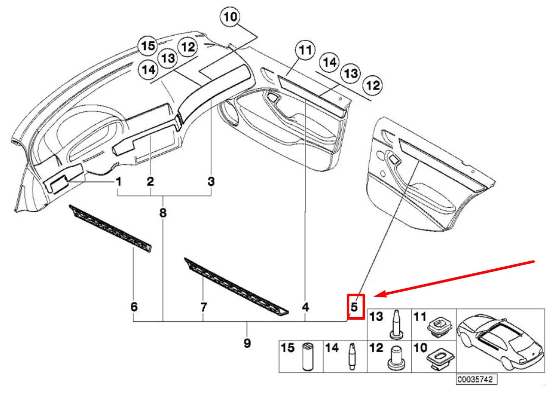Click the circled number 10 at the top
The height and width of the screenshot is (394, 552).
(230, 18)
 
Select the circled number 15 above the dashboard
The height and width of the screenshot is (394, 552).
(148, 46)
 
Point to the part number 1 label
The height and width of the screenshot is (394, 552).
(118, 181)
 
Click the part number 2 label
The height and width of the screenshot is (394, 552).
(151, 181)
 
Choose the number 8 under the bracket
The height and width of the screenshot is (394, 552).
(163, 213)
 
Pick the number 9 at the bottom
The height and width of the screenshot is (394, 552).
(247, 344)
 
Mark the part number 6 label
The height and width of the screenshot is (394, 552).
(134, 307)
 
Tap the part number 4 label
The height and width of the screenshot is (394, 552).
(305, 307)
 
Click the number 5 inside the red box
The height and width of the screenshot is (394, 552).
(355, 307)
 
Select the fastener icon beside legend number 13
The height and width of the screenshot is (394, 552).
(396, 324)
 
